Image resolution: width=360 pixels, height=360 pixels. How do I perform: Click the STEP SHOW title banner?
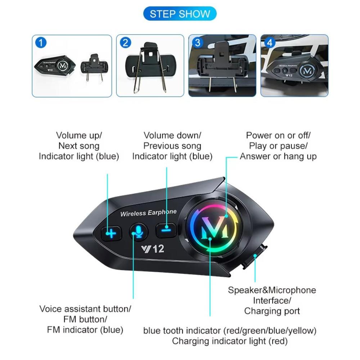180,14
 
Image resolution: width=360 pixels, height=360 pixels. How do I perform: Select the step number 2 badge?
125,43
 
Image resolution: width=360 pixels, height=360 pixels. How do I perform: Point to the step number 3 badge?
197,43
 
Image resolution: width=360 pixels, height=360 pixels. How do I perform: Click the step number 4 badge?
270,43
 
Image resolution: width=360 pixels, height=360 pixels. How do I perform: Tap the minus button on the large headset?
165,229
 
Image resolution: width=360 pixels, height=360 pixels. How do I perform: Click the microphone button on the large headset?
138,232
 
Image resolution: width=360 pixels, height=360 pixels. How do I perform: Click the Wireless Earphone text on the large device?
148,213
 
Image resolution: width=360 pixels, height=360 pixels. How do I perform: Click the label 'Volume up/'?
79,136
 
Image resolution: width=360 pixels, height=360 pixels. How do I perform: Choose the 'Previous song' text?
172,146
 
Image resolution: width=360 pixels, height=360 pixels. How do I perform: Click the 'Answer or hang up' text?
278,157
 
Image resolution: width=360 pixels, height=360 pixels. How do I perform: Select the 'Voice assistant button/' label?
85,309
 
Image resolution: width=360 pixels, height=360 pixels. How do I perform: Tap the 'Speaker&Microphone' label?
272,290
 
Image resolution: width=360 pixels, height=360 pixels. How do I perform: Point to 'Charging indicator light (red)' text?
230,341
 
